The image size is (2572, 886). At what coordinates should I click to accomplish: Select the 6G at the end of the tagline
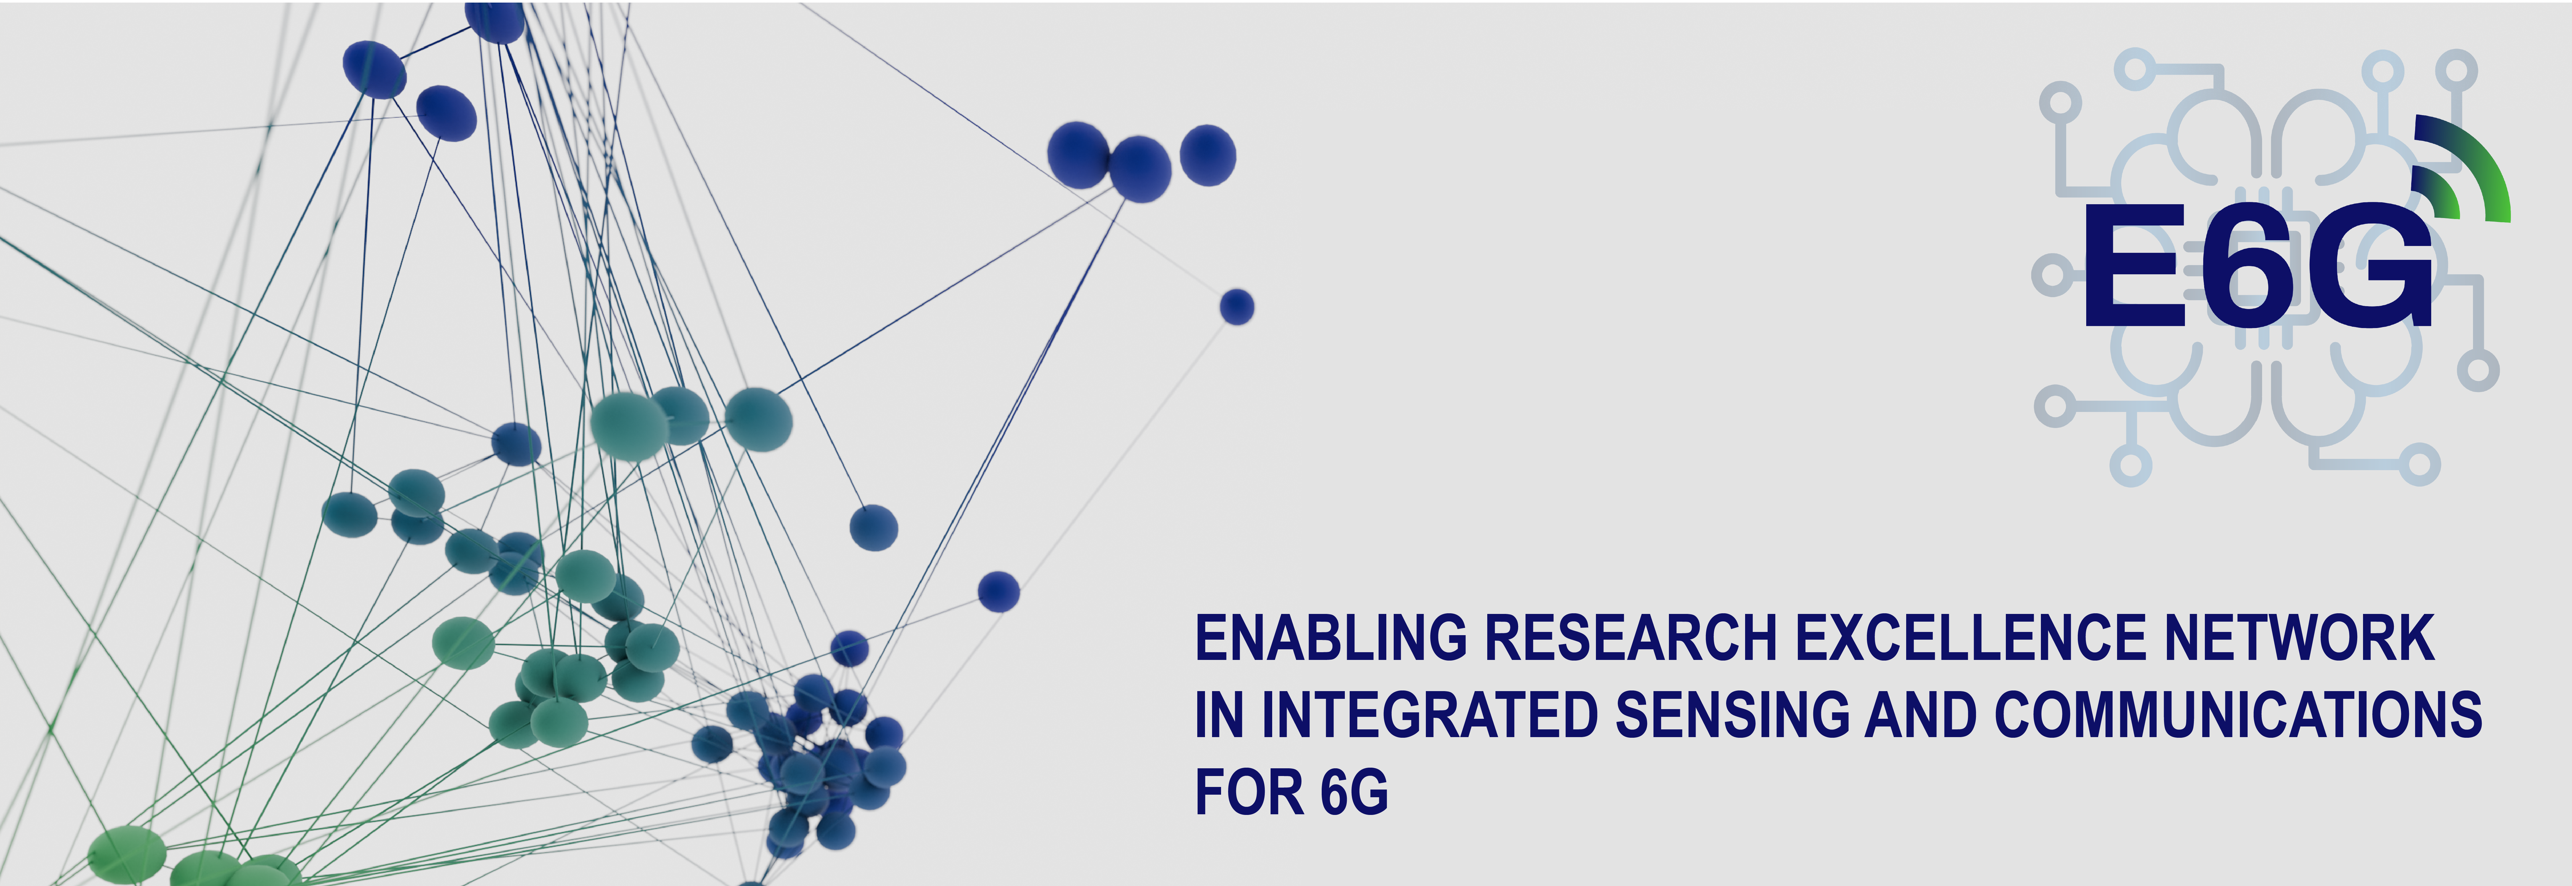(1354, 792)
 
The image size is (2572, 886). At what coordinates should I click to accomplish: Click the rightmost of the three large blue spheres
(1208, 155)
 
